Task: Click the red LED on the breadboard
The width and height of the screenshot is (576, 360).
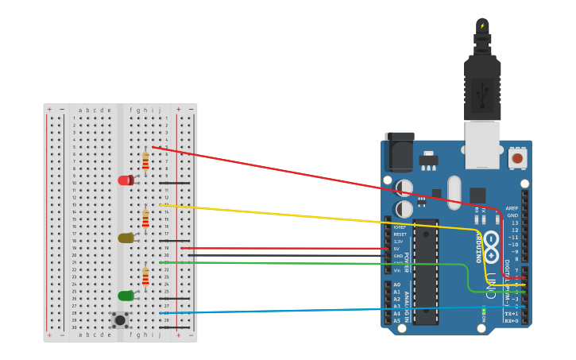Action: (125, 180)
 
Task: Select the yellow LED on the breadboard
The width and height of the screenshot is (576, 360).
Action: (125, 238)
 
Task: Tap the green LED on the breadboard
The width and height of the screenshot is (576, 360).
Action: (125, 296)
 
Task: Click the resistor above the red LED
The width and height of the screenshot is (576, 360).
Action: (145, 161)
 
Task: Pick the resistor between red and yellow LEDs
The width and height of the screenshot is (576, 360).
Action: (145, 219)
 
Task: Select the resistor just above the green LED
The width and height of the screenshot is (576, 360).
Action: (145, 277)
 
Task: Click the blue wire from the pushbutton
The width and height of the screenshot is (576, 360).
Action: (318, 310)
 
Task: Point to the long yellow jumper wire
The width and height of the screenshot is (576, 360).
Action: (318, 216)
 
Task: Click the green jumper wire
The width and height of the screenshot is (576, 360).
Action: (318, 263)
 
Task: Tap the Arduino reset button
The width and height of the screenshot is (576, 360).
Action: (517, 158)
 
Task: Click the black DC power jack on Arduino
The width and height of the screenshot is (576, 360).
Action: (399, 151)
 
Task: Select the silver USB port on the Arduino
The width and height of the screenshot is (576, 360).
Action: (482, 145)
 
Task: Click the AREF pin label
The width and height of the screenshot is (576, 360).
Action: (512, 208)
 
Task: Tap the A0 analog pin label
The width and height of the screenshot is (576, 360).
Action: (397, 285)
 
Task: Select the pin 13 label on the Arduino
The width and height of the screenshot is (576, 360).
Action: (514, 223)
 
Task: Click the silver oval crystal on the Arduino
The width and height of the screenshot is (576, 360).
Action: (454, 192)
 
